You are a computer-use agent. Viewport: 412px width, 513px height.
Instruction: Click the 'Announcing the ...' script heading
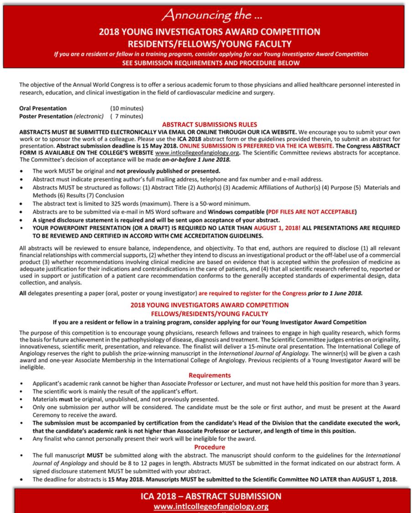(206, 16)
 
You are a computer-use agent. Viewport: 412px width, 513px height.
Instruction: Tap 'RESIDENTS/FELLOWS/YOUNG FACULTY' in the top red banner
(206, 44)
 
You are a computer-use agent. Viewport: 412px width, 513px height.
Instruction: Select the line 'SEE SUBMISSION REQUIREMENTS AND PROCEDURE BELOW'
(206, 63)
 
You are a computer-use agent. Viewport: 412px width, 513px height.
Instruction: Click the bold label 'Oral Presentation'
(43, 108)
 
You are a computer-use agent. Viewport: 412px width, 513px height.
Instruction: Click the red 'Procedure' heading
(209, 447)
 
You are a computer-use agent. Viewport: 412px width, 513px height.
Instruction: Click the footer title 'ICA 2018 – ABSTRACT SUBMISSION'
(206, 496)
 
